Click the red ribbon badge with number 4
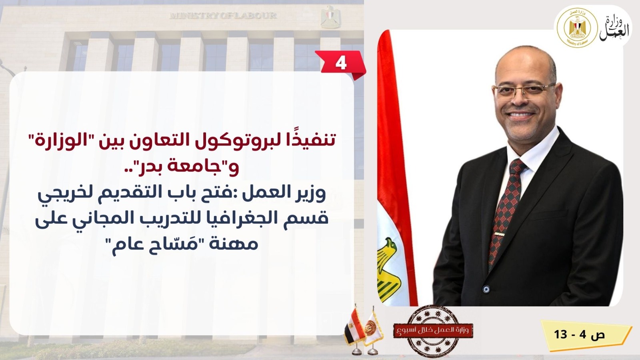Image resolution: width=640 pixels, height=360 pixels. click(x=340, y=64)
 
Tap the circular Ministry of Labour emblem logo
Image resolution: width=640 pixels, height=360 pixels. click(x=577, y=28)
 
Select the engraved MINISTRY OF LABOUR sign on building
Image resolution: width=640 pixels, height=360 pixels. click(x=223, y=16)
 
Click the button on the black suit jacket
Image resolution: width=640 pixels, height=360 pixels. click(x=486, y=289)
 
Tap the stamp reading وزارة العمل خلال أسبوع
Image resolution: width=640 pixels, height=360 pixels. click(x=433, y=331)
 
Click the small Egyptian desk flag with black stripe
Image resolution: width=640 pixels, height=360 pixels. click(x=354, y=328)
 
